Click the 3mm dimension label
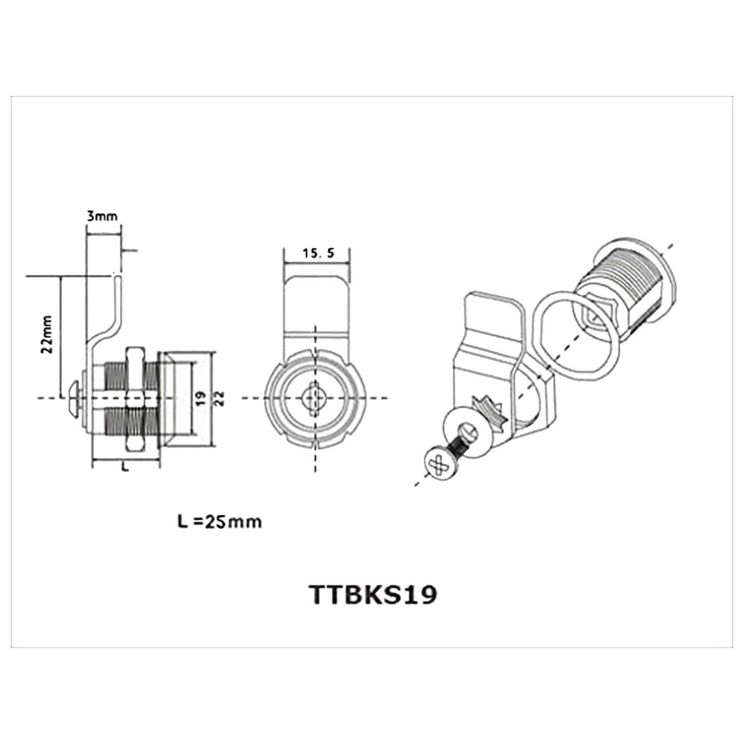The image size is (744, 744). [102, 216]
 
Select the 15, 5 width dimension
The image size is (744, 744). [318, 253]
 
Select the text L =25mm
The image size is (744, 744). [219, 522]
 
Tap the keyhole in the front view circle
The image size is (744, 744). [315, 398]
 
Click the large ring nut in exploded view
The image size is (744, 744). [576, 335]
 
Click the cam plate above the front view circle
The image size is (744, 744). [317, 306]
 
